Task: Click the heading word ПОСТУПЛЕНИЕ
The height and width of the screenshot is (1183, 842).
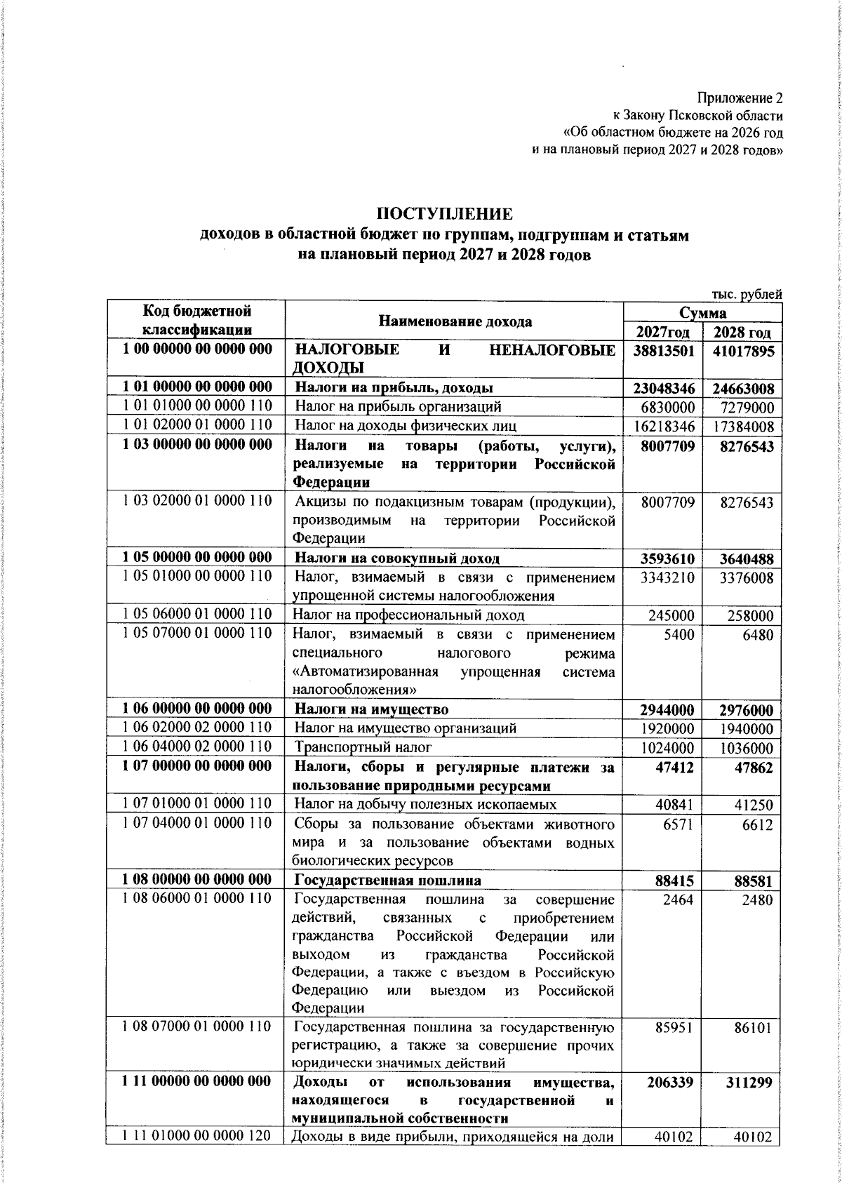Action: coord(445,213)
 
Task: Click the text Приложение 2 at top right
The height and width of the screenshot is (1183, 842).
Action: coord(739,98)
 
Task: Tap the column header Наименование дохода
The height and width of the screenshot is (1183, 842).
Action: coord(455,321)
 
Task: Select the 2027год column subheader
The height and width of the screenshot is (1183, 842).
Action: coord(662,333)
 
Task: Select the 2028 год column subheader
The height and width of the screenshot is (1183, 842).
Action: coord(742,333)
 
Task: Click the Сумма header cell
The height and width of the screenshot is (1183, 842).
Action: coord(702,312)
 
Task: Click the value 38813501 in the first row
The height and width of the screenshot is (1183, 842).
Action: coord(662,351)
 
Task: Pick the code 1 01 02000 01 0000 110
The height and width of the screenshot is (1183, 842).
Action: coord(196,425)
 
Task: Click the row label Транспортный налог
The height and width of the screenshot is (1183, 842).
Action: coord(363,747)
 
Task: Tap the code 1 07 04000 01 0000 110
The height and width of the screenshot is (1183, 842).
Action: coord(196,823)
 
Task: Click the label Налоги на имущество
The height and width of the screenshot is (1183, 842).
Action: coord(371,709)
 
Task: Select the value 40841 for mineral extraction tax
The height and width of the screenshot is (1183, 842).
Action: coord(674,805)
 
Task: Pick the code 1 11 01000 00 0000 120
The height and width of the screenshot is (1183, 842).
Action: coord(196,1136)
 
